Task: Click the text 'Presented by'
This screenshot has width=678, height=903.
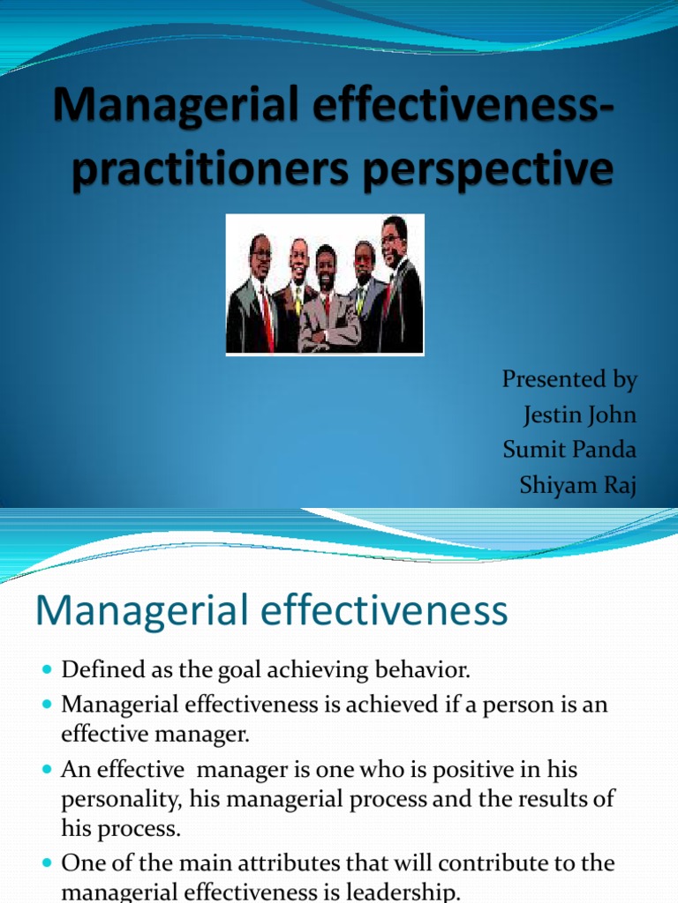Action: point(569,380)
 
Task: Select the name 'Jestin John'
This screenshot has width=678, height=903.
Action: point(579,414)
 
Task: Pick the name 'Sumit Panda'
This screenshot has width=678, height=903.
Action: point(569,449)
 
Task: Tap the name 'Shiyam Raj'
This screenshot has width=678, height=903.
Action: point(578,484)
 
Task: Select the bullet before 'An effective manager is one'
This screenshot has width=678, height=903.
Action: point(48,771)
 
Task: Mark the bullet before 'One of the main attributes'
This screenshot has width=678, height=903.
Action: point(48,863)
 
